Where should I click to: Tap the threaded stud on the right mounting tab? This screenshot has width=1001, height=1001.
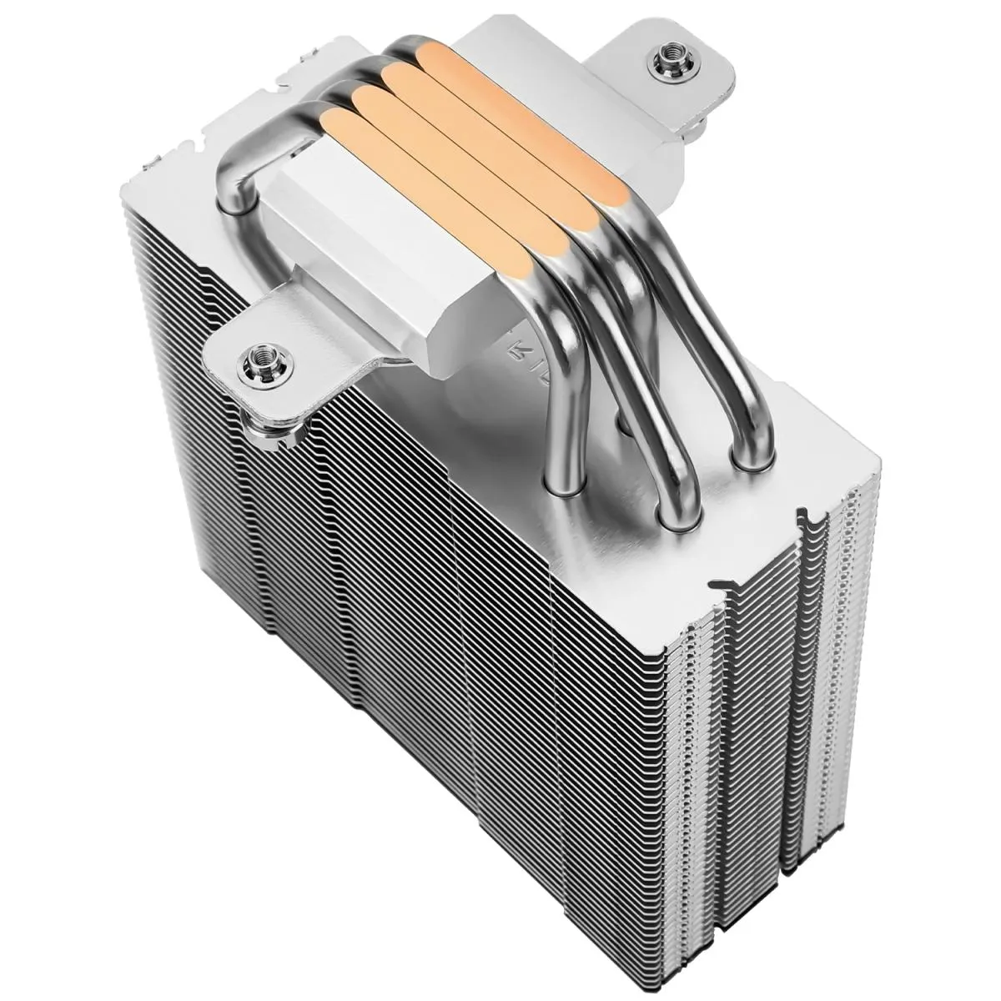click(666, 59)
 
